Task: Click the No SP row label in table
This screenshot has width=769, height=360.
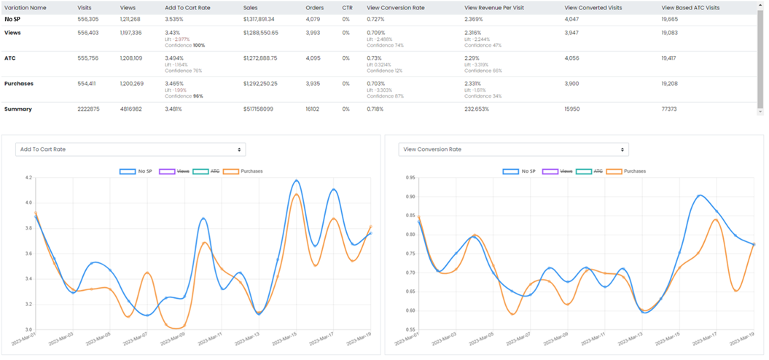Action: pos(12,19)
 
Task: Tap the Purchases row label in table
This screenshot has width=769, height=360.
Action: pos(19,84)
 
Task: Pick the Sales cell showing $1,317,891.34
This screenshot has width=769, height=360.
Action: pos(264,19)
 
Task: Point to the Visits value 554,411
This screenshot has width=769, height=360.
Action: pos(89,84)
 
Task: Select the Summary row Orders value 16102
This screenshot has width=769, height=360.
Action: pos(313,109)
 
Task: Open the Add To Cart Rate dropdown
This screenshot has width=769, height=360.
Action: pos(130,149)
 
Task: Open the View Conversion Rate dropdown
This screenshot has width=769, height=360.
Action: pos(513,149)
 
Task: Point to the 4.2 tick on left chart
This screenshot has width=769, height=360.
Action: pos(28,178)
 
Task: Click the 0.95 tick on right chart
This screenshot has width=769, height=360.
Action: pos(410,178)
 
